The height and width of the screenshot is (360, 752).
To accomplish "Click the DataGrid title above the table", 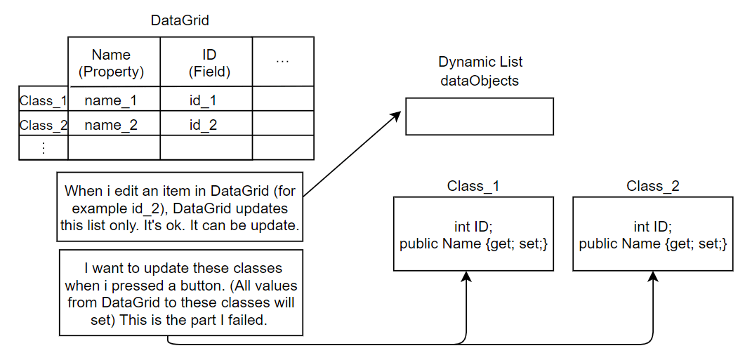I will click(180, 20).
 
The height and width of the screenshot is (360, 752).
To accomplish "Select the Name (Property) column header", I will click(111, 62).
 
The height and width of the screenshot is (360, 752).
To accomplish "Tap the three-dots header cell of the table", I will click(283, 62).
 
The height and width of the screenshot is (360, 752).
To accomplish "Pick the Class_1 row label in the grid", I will click(43, 100).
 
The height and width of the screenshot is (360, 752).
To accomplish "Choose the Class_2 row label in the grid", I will click(43, 126).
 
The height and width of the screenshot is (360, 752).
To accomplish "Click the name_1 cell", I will click(111, 100).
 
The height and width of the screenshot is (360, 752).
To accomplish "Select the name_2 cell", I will click(111, 126).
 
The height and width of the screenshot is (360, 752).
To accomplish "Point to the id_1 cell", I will click(203, 100).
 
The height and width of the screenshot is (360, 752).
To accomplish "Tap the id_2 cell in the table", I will click(203, 126).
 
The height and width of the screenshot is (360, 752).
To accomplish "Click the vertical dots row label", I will click(43, 148).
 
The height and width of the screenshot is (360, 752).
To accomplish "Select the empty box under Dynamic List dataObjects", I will click(480, 116).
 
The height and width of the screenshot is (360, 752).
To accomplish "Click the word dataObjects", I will click(480, 81).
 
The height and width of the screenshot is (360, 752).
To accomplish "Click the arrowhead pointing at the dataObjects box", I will click(400, 113).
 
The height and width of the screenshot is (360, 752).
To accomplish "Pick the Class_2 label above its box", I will click(653, 186).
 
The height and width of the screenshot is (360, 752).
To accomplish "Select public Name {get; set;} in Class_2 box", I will click(653, 244).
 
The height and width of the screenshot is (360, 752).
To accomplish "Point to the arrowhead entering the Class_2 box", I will click(653, 276).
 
